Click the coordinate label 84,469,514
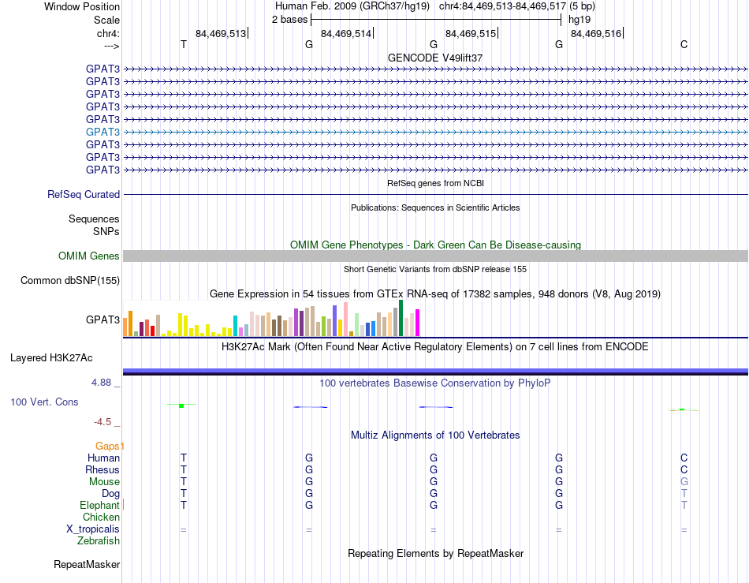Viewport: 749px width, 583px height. pos(346,33)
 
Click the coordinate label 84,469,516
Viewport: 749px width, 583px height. pos(596,33)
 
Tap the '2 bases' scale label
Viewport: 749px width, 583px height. pos(290,20)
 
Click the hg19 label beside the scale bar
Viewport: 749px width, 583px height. pos(579,20)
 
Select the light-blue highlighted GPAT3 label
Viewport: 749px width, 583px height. pos(102,132)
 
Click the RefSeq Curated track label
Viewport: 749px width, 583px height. pos(84,195)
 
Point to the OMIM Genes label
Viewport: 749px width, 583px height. pos(89,256)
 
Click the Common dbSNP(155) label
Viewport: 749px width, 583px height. pos(70,281)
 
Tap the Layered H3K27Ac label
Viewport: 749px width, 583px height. pos(51,358)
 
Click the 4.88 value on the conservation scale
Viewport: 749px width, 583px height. pos(101,383)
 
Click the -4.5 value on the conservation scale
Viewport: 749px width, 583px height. pos(102,421)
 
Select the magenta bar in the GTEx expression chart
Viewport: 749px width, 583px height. pos(418,323)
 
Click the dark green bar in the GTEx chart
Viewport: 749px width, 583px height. pos(401,318)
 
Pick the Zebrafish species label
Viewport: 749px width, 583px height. pos(99,541)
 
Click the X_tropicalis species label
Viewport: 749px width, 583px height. pos(93,529)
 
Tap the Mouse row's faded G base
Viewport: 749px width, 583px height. pos(684,482)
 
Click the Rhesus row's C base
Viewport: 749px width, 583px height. pos(684,469)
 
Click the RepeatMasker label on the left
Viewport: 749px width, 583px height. pos(87,564)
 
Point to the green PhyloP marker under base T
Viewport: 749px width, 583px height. pos(181,405)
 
